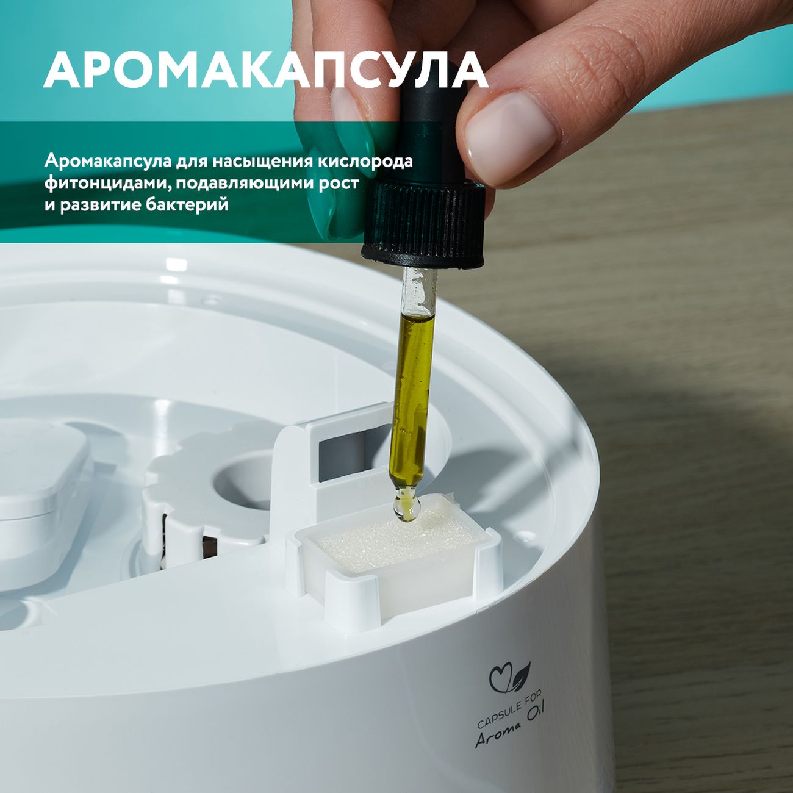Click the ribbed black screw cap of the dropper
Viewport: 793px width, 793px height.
point(424,224)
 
